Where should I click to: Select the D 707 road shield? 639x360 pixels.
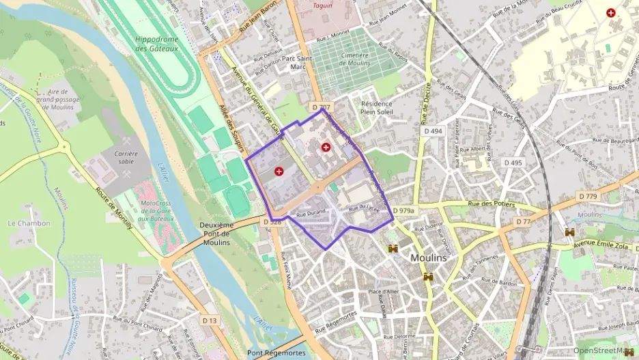pos(321,107)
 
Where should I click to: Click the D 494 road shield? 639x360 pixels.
pos(432,130)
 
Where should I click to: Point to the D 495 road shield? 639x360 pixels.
pos(513,163)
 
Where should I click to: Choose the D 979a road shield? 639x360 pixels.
pos(403,211)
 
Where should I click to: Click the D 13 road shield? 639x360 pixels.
pos(209,320)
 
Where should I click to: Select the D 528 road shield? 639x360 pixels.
pos(272,221)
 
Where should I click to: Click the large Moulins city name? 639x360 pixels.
pos(428,258)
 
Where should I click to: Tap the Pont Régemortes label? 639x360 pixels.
pos(273,353)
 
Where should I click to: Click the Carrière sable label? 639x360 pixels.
pos(126,158)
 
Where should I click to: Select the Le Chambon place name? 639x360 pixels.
pos(29,223)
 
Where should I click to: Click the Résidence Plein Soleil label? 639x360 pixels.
pos(377,107)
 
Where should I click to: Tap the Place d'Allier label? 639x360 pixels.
pos(382,292)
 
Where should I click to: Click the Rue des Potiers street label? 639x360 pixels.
pos(495,204)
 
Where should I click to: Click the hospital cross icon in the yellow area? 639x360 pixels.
pos(610,12)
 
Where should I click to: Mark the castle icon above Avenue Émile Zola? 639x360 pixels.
pos(569,232)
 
